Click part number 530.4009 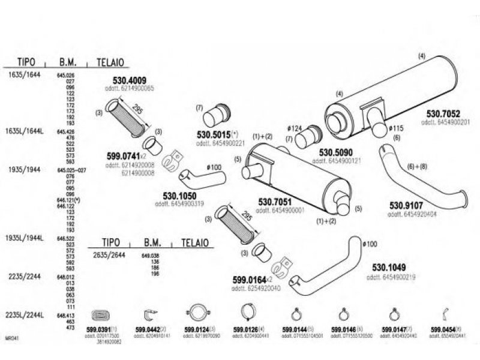tap(130, 80)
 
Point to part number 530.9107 tap(406, 205)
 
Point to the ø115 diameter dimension tap(396, 128)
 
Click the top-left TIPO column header tap(25, 62)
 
